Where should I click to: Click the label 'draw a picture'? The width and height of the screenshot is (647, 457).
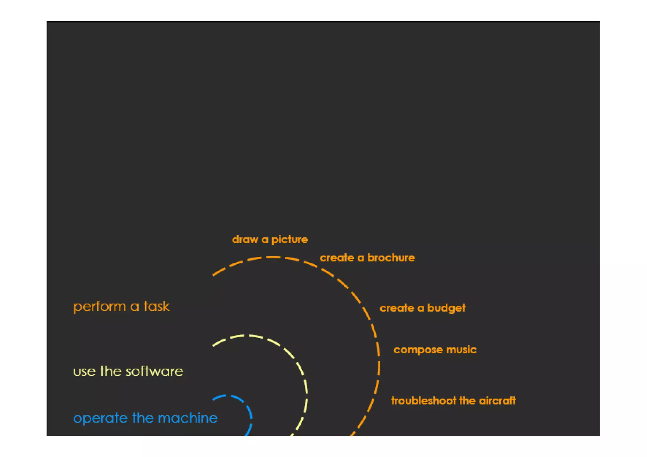click(270, 239)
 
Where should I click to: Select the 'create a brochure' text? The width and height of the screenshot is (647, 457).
click(367, 258)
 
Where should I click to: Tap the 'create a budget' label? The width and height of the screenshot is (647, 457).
click(422, 308)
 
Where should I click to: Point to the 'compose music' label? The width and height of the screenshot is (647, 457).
click(435, 350)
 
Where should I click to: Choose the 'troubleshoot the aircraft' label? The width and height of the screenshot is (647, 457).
click(453, 401)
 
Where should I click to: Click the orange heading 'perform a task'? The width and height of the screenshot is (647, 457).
click(121, 306)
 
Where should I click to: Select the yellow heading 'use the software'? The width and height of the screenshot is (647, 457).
click(128, 371)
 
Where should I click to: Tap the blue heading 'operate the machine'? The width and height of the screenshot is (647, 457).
click(145, 418)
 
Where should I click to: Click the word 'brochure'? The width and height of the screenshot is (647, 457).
click(391, 258)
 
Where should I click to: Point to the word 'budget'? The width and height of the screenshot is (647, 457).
click(446, 308)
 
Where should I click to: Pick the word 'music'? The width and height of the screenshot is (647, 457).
click(461, 350)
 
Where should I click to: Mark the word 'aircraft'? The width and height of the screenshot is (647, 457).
click(497, 401)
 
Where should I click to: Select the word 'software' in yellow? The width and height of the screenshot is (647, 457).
click(154, 371)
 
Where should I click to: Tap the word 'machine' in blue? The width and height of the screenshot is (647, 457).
click(188, 418)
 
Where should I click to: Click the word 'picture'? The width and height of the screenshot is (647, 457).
click(290, 240)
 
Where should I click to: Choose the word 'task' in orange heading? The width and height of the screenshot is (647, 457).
click(157, 306)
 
